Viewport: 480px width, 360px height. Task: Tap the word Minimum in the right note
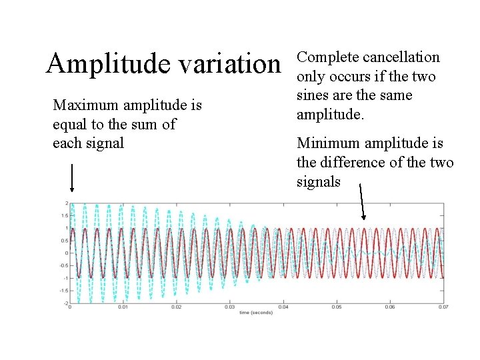327,143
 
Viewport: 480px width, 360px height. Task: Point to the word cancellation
402,58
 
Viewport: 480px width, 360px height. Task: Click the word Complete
322,58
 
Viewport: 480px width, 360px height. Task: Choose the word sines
313,95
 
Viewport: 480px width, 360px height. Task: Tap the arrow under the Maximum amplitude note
71,178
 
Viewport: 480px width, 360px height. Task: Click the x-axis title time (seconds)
256,312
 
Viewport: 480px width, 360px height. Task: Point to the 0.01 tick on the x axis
123,307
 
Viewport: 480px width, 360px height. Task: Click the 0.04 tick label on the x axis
283,307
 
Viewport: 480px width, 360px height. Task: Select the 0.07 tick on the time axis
443,307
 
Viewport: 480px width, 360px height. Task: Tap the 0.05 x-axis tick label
337,307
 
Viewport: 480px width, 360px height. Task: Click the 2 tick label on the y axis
67,203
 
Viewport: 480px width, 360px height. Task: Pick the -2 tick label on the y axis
65,303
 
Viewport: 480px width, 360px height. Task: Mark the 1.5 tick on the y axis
65,215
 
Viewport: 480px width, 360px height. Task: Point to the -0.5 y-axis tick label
65,265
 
